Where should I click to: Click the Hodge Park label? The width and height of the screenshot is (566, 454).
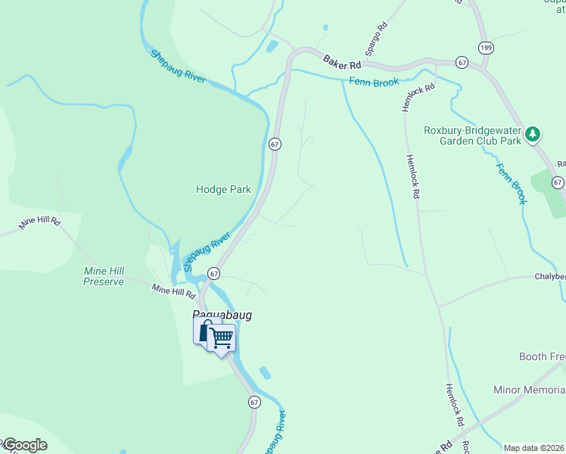click(x=223, y=189)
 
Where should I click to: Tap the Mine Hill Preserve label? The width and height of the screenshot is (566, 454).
click(x=104, y=276)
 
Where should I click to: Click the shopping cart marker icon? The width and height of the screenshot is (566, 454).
click(x=221, y=338)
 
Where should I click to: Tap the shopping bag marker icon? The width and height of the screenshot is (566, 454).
click(x=205, y=331)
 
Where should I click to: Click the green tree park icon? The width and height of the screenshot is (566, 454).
click(x=533, y=134)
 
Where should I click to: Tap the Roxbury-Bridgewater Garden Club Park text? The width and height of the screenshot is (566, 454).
click(x=472, y=135)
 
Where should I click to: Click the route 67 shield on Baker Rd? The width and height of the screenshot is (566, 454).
click(x=462, y=61)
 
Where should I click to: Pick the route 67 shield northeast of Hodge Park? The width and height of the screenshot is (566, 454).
click(x=275, y=143)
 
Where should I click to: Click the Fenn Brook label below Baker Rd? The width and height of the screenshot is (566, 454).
click(x=374, y=82)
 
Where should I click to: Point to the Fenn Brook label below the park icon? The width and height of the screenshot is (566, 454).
click(x=511, y=182)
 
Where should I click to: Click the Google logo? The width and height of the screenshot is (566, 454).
click(x=24, y=445)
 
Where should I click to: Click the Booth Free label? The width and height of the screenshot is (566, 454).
click(x=542, y=356)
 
